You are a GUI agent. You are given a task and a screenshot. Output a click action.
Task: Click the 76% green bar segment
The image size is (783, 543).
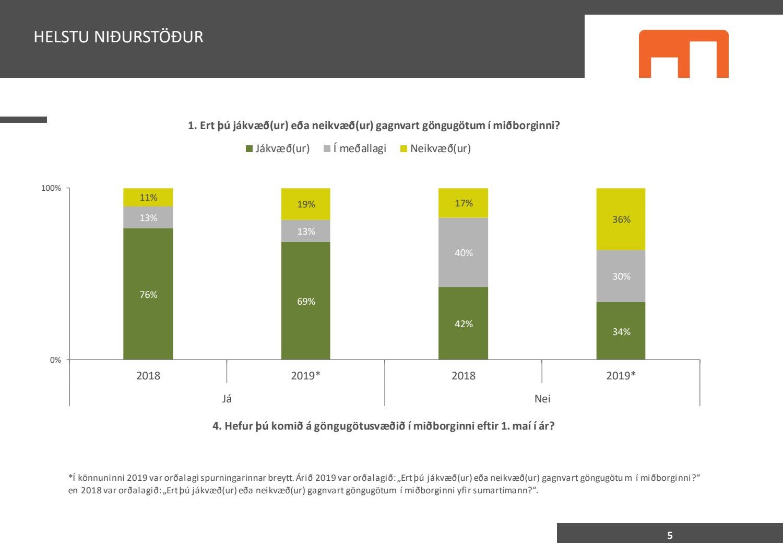point(148,294)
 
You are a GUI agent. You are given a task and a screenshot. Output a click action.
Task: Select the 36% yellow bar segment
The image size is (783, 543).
point(621,219)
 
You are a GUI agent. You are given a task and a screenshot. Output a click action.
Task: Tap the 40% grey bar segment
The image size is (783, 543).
point(463,252)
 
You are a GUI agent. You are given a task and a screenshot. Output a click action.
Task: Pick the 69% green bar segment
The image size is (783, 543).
point(306,301)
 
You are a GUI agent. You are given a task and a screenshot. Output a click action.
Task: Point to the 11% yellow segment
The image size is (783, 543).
point(148,197)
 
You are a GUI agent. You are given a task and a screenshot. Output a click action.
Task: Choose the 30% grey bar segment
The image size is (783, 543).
point(621,276)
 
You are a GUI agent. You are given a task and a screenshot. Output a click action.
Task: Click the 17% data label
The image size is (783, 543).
point(464,203)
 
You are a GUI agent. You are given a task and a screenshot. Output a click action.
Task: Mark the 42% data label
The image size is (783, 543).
point(464,324)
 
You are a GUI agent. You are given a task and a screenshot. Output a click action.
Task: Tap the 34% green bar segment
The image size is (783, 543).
point(621,331)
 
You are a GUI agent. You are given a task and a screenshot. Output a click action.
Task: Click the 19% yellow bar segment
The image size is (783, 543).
point(306,204)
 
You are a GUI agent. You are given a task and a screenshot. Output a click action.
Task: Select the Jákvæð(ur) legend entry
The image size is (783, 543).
point(278,148)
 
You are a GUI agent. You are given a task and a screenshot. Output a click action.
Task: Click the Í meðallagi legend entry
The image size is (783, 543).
point(355,148)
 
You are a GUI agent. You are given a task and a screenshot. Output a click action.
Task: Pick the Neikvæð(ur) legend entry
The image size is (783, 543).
point(435,148)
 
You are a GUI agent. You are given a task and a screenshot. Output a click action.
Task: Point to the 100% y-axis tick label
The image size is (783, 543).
point(51,188)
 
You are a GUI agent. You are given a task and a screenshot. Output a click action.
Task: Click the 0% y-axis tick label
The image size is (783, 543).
point(55,360)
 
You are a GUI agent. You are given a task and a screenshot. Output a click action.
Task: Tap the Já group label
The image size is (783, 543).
point(227,399)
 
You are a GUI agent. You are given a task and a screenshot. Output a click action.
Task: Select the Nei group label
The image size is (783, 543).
point(542,399)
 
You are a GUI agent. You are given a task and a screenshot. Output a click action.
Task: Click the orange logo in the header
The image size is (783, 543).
point(683,54)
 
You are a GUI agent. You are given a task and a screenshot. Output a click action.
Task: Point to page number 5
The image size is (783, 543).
point(670,535)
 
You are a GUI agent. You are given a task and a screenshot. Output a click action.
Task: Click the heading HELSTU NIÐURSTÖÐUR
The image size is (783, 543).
point(118,37)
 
